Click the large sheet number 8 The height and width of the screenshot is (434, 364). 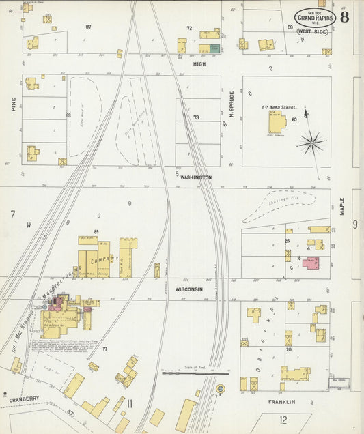(344, 17)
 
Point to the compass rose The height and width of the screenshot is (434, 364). (311, 143)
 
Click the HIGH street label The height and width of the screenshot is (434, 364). (199, 63)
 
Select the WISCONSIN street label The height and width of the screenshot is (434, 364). (188, 289)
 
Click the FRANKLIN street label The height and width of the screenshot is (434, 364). (281, 402)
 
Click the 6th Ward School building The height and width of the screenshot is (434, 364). (277, 122)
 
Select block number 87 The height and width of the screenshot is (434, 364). (88, 27)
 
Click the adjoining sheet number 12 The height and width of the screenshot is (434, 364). (283, 420)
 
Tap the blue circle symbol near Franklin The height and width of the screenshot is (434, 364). (220, 389)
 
